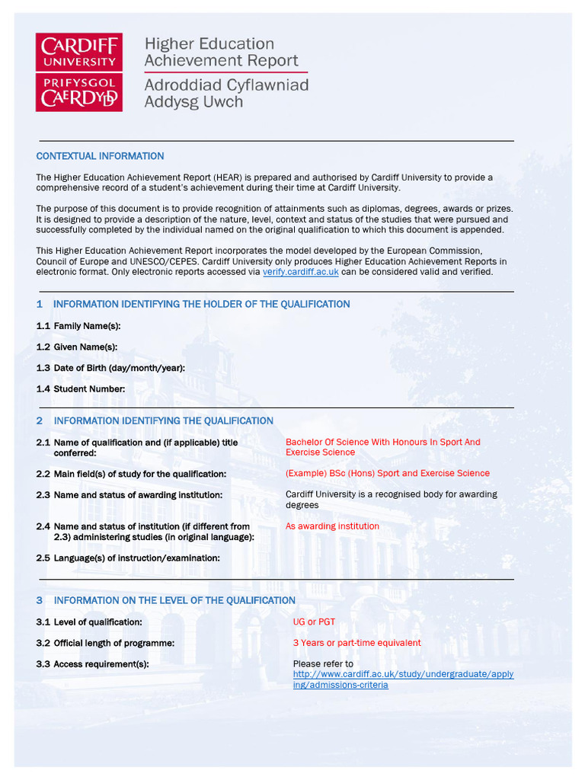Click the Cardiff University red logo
click(x=79, y=72)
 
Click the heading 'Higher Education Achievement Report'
click(x=221, y=52)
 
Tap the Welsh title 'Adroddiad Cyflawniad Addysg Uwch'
click(x=226, y=93)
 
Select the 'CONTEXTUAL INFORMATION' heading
click(x=100, y=156)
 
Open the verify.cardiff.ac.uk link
click(x=300, y=272)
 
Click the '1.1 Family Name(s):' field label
click(x=78, y=326)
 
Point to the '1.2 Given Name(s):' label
click(x=77, y=347)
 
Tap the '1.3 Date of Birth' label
click(x=110, y=368)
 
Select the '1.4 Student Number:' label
click(x=81, y=389)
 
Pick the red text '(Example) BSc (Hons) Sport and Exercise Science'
click(x=387, y=474)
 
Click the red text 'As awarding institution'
click(x=332, y=526)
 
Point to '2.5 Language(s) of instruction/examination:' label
click(x=128, y=558)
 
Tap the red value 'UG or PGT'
click(x=314, y=622)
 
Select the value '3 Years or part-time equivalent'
click(x=356, y=643)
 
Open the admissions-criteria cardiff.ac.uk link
click(x=403, y=679)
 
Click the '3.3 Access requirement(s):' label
click(x=92, y=664)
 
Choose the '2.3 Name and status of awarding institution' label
click(x=129, y=495)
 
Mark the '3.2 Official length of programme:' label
click(x=105, y=643)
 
